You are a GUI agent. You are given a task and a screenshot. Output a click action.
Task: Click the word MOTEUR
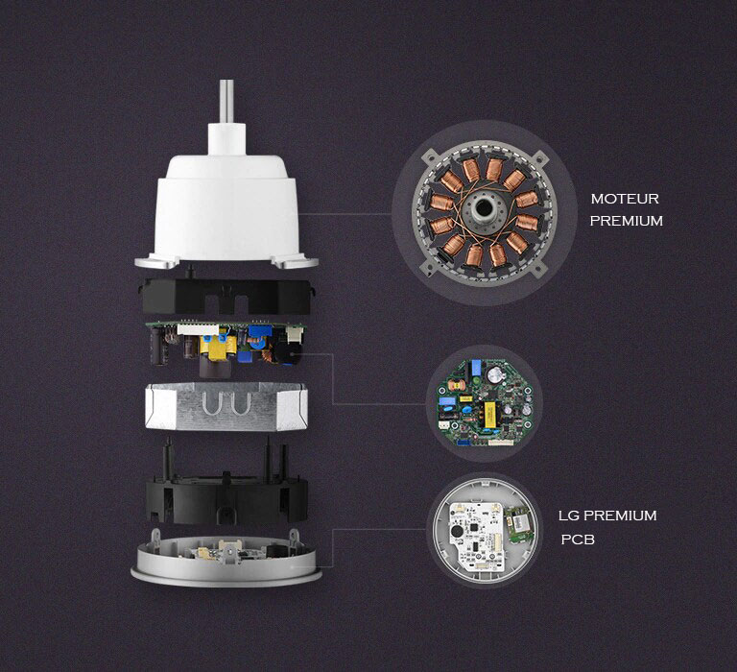coord(625,200)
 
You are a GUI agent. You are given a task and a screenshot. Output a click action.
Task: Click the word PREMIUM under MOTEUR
coord(626,221)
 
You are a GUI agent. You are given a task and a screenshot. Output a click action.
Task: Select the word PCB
coord(578,540)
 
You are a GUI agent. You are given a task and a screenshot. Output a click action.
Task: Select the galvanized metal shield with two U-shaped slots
coord(227,406)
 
